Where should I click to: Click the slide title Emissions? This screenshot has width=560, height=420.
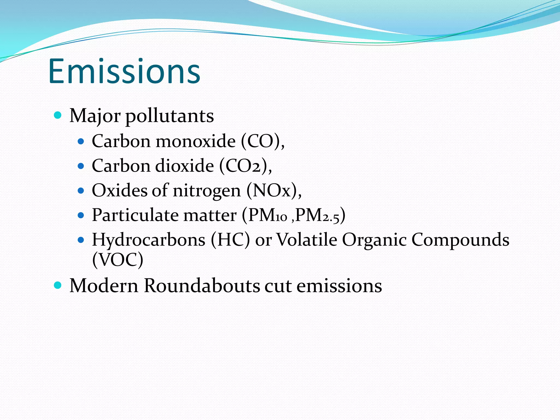124,72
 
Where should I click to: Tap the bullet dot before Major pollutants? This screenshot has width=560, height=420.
58,115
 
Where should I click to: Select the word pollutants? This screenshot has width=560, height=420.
170,116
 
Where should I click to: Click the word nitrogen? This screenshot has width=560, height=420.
207,191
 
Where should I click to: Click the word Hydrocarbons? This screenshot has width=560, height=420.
148,240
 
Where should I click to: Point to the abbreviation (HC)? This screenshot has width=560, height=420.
230,240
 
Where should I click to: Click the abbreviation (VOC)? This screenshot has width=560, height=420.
118,259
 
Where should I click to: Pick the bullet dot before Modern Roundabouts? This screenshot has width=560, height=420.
58,285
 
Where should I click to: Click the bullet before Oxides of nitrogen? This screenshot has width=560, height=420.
81,190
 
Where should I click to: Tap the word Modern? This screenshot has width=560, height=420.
104,286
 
